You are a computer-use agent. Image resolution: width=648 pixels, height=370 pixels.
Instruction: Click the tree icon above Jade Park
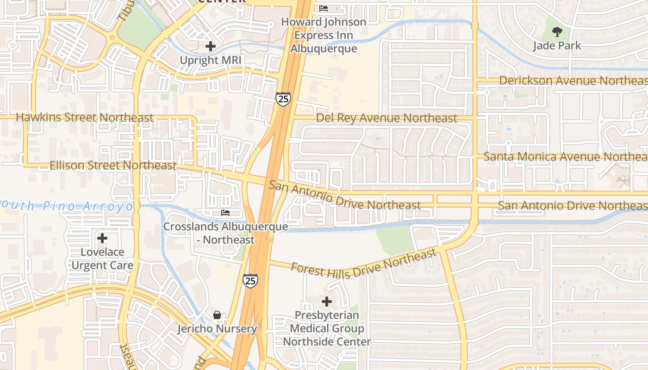click(x=557, y=32)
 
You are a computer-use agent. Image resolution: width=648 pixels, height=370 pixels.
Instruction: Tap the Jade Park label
click(x=557, y=46)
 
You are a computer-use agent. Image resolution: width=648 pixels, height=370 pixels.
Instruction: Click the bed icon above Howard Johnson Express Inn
click(x=324, y=8)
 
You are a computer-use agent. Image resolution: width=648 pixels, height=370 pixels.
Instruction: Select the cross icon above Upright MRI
click(x=211, y=46)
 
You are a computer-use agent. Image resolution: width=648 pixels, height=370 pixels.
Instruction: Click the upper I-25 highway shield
click(x=283, y=99)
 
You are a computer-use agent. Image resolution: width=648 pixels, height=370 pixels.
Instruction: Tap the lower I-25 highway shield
click(x=250, y=281)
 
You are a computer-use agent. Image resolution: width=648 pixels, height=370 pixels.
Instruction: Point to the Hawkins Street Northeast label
click(x=84, y=117)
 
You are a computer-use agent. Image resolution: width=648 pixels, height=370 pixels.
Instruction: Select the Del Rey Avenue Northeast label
click(x=386, y=118)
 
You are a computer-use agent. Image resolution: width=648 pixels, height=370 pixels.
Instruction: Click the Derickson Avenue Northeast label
click(x=573, y=80)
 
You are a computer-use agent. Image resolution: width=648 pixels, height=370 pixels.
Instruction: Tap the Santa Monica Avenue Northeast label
click(x=565, y=157)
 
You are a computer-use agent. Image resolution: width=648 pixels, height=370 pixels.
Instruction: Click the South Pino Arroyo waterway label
click(x=67, y=206)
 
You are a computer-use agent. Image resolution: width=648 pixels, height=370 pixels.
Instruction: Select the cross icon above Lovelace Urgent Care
click(x=102, y=239)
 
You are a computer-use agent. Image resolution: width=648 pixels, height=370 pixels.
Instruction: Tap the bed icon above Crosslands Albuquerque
click(x=225, y=213)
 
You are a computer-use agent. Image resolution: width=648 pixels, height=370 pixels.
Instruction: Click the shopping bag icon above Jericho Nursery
click(x=217, y=315)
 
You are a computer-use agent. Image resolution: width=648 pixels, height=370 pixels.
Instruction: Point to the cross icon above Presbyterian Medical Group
click(x=327, y=302)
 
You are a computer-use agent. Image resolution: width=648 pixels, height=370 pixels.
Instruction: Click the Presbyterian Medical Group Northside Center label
click(x=327, y=328)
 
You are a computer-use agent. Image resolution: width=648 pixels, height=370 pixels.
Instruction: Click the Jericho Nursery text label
click(x=217, y=329)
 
